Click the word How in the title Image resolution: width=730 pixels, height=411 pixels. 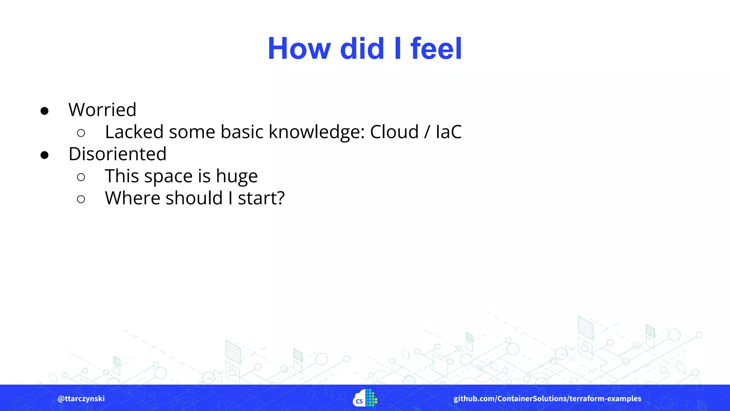click(299, 49)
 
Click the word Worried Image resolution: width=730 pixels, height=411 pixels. click(102, 110)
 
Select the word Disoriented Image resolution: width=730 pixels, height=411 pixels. click(117, 154)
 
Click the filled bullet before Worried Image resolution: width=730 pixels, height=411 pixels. click(45, 111)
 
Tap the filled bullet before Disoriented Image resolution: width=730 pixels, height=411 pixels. click(45, 155)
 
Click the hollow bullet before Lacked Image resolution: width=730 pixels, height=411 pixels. click(81, 133)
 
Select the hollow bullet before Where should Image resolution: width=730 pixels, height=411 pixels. click(81, 199)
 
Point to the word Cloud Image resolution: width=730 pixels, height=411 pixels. click(394, 132)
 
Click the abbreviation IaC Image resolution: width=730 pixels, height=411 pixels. click(448, 132)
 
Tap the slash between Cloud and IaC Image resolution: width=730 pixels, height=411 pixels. click(427, 132)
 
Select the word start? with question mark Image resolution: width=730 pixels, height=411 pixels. click(261, 198)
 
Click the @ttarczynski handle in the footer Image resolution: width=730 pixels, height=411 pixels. click(81, 399)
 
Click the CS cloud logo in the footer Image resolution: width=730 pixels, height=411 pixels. click(365, 399)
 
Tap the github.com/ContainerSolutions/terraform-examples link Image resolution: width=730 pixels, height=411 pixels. click(547, 399)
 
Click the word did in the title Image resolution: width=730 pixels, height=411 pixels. click(362, 49)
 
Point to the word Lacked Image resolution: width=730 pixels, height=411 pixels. click(134, 132)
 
